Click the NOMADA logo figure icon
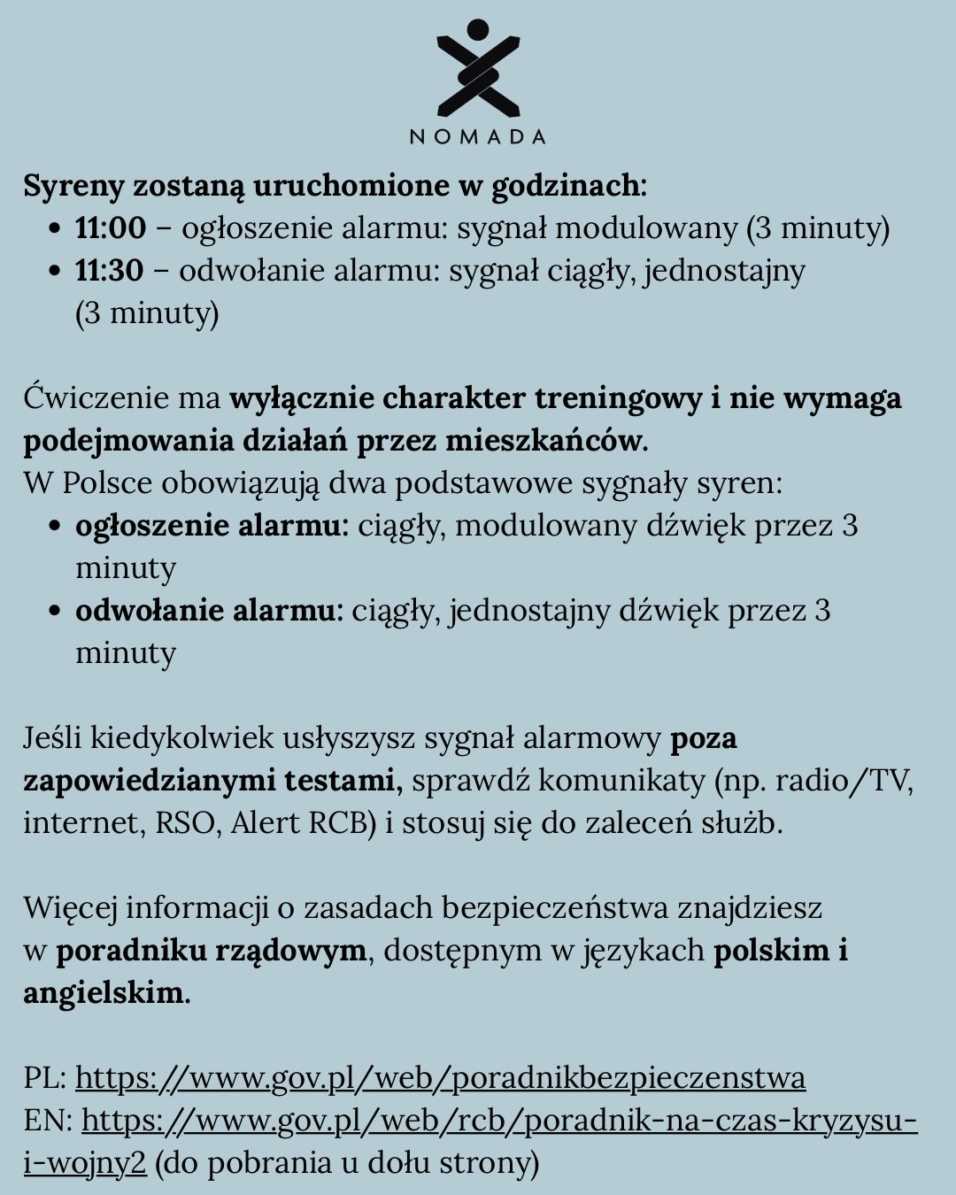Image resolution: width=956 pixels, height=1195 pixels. pos(477,69)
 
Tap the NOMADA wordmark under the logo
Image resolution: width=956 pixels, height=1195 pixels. pos(477,137)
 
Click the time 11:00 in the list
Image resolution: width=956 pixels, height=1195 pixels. pos(110,228)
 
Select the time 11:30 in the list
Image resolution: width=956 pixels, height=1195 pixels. pos(109,271)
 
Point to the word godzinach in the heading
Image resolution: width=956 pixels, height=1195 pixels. pos(566,187)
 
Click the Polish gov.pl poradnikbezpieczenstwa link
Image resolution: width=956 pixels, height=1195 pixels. pos(440,1078)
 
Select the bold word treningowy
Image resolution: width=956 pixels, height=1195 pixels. pos(618,398)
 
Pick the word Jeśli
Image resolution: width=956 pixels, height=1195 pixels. pos(52,738)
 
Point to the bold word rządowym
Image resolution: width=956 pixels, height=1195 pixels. pos(290,951)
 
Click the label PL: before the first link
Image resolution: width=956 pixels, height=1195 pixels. pos(44,1078)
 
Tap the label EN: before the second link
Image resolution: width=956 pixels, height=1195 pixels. pos(47,1121)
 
